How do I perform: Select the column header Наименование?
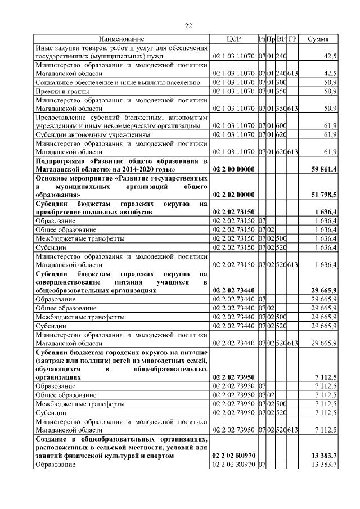121,39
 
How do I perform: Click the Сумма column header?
318,39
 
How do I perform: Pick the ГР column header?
292,39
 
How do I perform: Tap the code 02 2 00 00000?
233,169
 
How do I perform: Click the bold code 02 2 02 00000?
233,195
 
